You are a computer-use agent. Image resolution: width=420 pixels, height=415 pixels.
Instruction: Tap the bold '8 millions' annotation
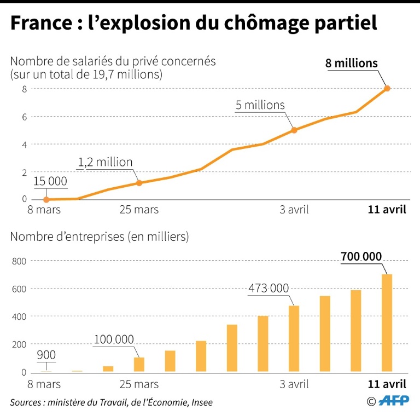pyautogui.click(x=351, y=64)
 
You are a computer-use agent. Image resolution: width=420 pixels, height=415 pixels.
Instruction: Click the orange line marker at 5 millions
pyautogui.click(x=294, y=130)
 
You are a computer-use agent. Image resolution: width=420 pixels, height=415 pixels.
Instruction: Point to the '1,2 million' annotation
pyautogui.click(x=106, y=162)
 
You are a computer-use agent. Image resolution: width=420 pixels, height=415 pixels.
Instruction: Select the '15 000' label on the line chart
pyautogui.click(x=50, y=181)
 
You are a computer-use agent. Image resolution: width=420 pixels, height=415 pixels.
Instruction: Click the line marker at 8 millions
pyautogui.click(x=387, y=88)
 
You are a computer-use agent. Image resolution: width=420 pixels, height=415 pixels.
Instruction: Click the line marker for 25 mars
pyautogui.click(x=139, y=183)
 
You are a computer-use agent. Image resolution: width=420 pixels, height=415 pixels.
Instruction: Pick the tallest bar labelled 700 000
pyautogui.click(x=387, y=323)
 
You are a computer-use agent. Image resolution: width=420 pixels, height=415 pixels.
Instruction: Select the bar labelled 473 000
pyautogui.click(x=294, y=338)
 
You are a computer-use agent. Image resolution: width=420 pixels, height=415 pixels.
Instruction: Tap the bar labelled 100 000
pyautogui.click(x=139, y=365)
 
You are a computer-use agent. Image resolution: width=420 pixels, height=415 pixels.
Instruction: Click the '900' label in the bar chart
pyautogui.click(x=46, y=355)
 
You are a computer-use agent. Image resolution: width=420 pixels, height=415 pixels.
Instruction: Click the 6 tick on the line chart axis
pyautogui.click(x=24, y=117)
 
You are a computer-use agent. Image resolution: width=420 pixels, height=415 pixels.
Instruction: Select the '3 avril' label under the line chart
pyautogui.click(x=294, y=210)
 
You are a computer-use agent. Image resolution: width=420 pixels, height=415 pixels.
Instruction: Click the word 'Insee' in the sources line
pyautogui.click(x=201, y=402)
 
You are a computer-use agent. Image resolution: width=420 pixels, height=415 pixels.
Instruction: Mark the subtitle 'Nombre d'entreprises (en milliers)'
pyautogui.click(x=100, y=237)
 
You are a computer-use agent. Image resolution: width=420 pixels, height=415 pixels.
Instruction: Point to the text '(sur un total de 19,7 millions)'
pyautogui.click(x=86, y=74)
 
